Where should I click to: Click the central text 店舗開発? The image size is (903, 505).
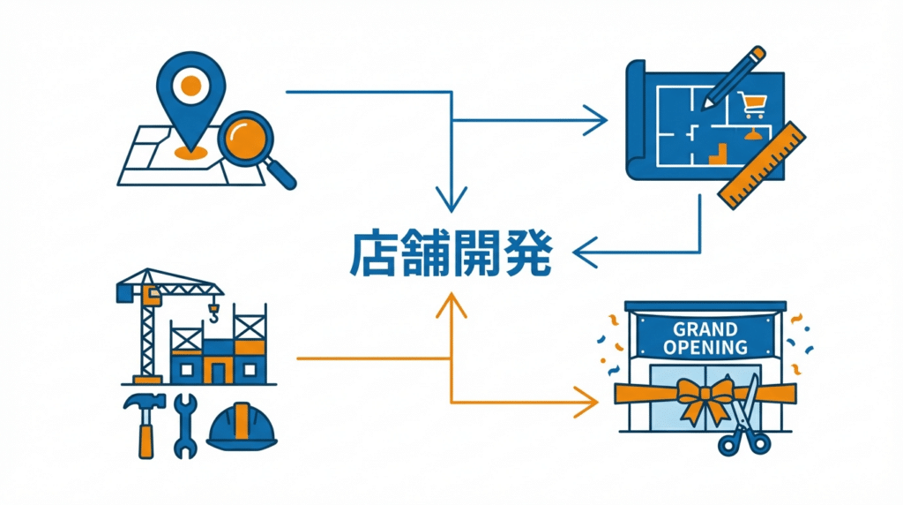(451, 253)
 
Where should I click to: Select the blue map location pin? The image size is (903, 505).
(190, 92)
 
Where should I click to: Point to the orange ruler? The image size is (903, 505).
(763, 165)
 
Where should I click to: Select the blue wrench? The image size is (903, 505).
(184, 426)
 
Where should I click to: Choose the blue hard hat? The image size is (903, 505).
(241, 426)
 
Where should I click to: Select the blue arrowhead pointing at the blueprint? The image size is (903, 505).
(598, 119)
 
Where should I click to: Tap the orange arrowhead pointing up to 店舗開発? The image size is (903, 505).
(451, 304)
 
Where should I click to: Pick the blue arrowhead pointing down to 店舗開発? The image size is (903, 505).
(451, 202)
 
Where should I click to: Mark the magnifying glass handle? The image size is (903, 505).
(281, 174)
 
